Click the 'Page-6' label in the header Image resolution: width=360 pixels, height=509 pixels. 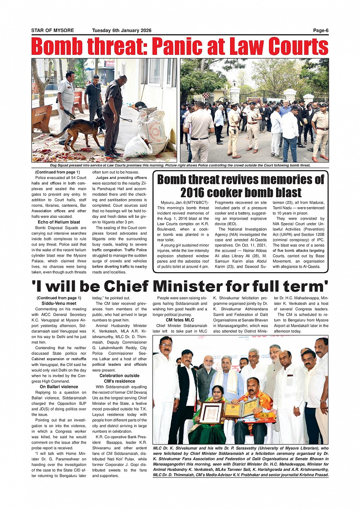pos(320,30)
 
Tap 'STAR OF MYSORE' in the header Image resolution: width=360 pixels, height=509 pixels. pos(53,30)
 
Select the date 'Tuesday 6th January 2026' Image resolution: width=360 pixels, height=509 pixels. pos(122,30)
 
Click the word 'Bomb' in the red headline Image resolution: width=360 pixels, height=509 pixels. pos(57,47)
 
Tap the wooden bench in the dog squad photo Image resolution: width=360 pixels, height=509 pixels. pos(41,118)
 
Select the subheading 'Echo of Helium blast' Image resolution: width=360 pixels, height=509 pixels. pos(59,222)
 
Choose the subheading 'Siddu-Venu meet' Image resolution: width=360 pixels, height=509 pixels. pos(59,303)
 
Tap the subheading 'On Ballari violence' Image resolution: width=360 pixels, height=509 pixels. pos(59,387)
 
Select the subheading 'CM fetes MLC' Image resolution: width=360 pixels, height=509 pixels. pos(180,320)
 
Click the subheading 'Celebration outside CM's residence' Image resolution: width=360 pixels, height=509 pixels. pos(119,378)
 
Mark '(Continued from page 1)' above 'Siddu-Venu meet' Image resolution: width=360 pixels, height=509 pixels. pos(59,298)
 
